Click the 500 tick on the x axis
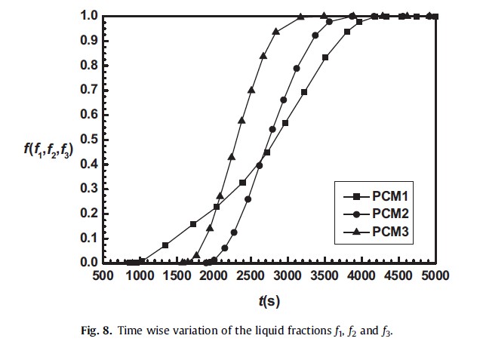pyautogui.click(x=103, y=276)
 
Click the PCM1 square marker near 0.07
pyautogui.click(x=165, y=245)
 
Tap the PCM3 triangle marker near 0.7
pyautogui.click(x=251, y=90)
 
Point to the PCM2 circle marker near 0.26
pyautogui.click(x=248, y=198)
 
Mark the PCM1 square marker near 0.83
pyautogui.click(x=325, y=57)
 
